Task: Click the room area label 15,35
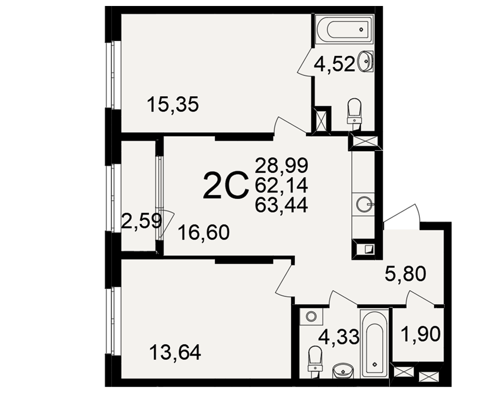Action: pos(173,105)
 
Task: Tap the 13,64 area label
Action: pos(175,353)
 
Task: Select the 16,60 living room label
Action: pos(204,232)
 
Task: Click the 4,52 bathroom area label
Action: pos(334,65)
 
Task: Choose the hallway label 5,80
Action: pos(405,274)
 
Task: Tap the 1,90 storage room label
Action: pos(421,334)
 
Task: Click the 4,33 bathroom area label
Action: pos(339,337)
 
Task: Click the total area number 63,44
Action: pos(281,205)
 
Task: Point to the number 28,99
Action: pos(281,166)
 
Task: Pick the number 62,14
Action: pos(281,185)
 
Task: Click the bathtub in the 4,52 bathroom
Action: pos(345,29)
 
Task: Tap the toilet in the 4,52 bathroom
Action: pos(354,111)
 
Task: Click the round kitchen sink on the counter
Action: pos(364,204)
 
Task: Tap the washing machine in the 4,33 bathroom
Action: pos(311,316)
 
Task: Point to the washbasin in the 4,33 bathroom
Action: pos(342,371)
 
